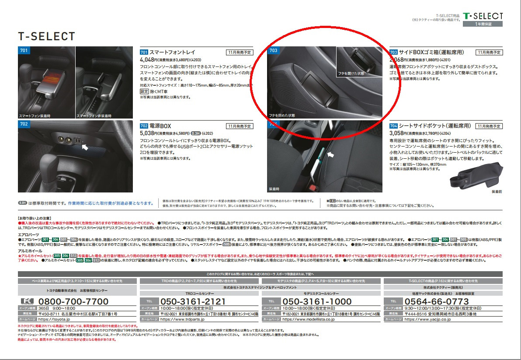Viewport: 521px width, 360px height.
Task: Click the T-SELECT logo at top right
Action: pos(483,16)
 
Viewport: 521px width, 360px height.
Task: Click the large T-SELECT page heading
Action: pos(47,36)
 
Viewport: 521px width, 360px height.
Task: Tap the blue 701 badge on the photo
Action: pos(24,51)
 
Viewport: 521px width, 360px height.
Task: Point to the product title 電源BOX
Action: pos(160,126)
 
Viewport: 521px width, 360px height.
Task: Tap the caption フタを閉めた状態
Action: pos(282,115)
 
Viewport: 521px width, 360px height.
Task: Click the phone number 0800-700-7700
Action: pos(73,302)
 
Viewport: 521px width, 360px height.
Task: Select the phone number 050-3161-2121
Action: pos(193,302)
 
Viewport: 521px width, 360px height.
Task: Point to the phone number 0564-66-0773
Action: pos(437,302)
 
